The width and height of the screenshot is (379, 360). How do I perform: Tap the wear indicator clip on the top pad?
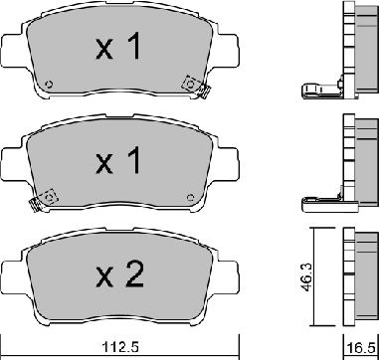click(x=188, y=86)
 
